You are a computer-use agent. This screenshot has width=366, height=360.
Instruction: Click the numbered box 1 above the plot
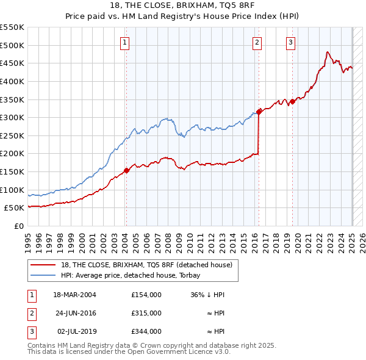(x=124, y=42)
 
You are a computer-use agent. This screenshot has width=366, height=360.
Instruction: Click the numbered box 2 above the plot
(x=257, y=42)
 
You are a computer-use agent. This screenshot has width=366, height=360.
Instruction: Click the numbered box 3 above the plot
(x=290, y=42)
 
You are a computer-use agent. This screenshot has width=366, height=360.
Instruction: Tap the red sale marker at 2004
(x=126, y=170)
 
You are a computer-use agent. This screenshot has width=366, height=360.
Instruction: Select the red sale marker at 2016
(x=259, y=112)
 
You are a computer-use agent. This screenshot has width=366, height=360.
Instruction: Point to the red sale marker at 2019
(x=292, y=101)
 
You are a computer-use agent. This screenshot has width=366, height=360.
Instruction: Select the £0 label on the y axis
(x=18, y=226)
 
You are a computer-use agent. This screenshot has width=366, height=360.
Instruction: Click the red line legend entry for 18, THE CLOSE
(x=146, y=265)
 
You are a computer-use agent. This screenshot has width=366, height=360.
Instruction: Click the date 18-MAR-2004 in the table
(x=75, y=295)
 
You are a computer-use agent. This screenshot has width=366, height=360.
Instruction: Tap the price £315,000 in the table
(x=146, y=313)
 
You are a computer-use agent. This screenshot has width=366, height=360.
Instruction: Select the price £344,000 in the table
(x=146, y=331)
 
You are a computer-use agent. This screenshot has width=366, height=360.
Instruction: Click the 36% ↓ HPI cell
(x=207, y=295)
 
